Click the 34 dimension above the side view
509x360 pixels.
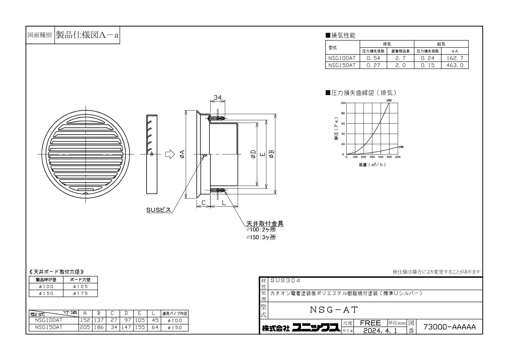pos(217,97)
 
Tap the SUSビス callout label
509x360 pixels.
pos(158,210)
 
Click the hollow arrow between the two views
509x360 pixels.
pos(170,154)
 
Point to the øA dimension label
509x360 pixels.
pos(182,154)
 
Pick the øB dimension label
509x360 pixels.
pos(271,154)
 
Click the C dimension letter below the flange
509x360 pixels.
pos(203,203)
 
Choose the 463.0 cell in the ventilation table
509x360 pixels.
pos(455,65)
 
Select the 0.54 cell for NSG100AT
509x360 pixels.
pos(373,58)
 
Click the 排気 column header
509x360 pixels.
pos(387,44)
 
